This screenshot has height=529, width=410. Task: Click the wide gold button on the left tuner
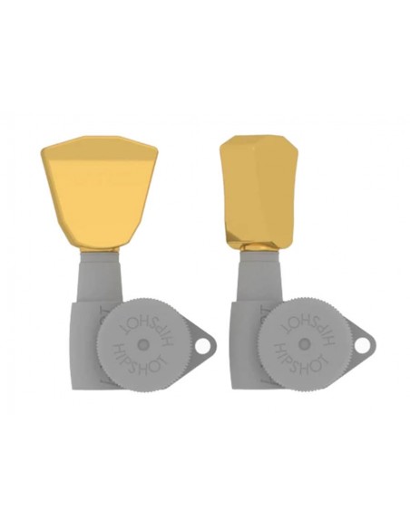pyautogui.click(x=100, y=192)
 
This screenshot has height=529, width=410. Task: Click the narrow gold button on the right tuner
pyautogui.click(x=259, y=192)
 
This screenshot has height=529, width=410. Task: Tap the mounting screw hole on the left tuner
pyautogui.click(x=201, y=347)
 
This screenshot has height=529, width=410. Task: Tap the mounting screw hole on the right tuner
pyautogui.click(x=361, y=346)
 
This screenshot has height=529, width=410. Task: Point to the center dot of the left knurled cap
pyautogui.click(x=143, y=344)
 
